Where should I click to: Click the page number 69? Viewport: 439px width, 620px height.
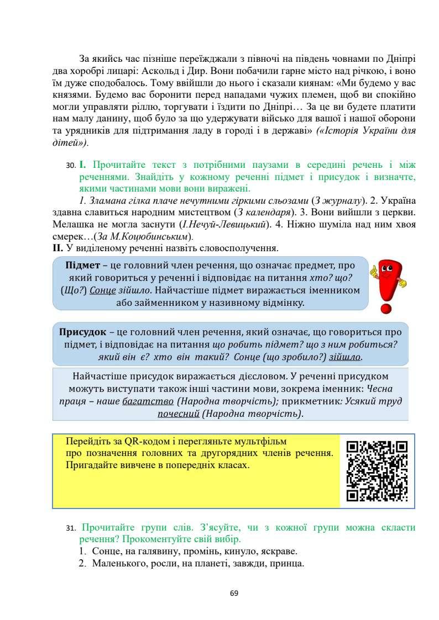(233, 593)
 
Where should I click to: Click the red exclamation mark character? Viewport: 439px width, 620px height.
(389, 287)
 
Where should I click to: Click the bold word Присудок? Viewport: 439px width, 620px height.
(82, 332)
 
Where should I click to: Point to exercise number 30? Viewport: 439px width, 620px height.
(69, 165)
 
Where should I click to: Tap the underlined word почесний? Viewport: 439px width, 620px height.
(179, 414)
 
